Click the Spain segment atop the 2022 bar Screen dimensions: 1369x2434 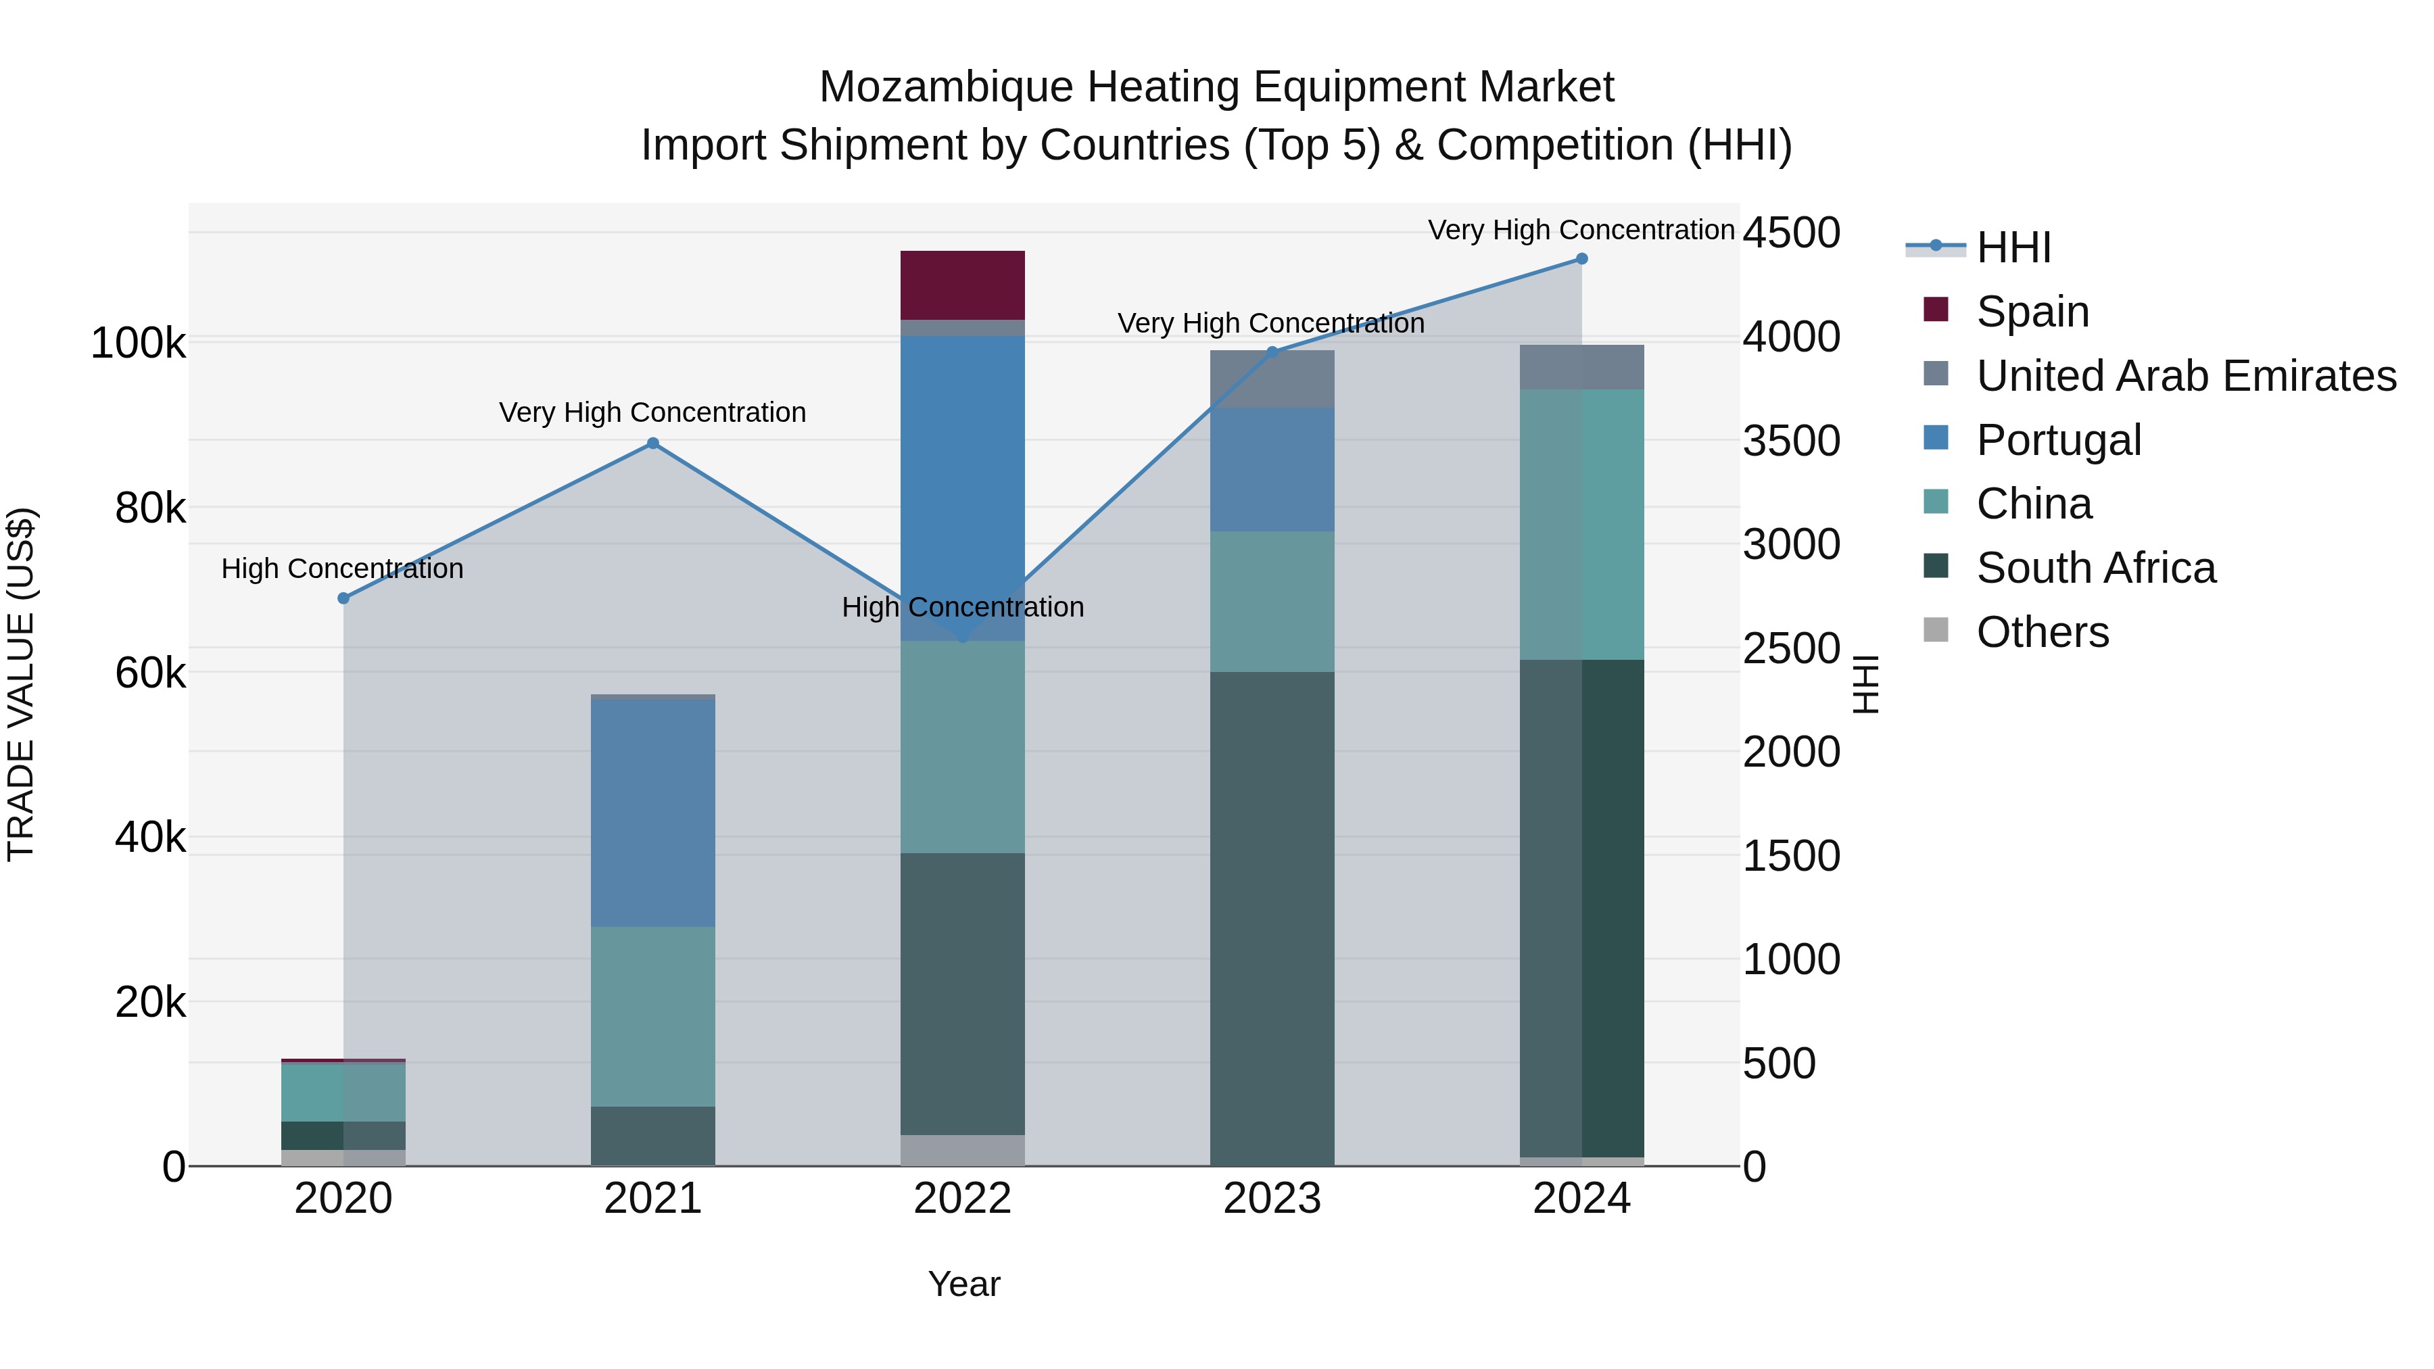click(x=962, y=285)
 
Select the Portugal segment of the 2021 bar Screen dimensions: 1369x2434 click(x=653, y=813)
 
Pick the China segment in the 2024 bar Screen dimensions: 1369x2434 click(x=1581, y=525)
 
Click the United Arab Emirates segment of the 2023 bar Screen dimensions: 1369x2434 click(x=1272, y=379)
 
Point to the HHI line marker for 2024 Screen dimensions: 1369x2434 click(x=1581, y=259)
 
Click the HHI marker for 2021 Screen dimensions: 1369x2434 click(x=653, y=443)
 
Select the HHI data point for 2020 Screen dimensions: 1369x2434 click(x=344, y=598)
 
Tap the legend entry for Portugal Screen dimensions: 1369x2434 click(x=2058, y=440)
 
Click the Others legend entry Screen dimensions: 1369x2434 click(x=2042, y=632)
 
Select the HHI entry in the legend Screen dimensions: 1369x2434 click(x=2013, y=247)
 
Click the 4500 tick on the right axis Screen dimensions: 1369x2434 click(x=1790, y=233)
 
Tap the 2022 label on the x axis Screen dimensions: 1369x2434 click(x=962, y=1199)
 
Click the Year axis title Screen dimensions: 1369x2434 click(x=963, y=1284)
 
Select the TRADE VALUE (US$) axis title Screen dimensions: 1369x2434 click(x=21, y=684)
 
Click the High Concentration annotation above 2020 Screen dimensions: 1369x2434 click(x=342, y=569)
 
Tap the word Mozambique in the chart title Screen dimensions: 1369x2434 click(x=946, y=87)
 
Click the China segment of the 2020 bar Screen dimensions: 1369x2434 click(x=344, y=1092)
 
